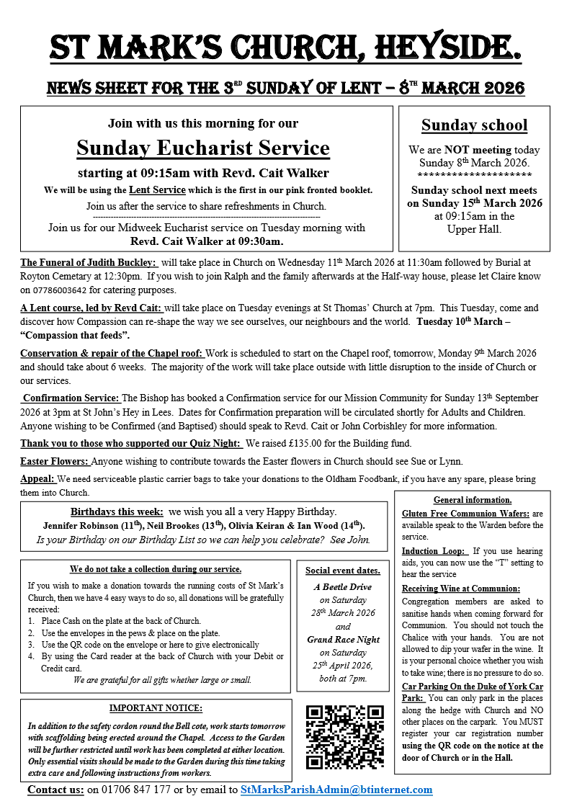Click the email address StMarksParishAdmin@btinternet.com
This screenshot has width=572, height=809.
(336, 790)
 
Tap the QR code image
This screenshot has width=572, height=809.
(345, 736)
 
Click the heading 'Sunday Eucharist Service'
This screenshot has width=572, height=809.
(203, 148)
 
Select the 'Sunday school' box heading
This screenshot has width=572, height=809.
(474, 125)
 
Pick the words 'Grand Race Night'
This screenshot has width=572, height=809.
(343, 639)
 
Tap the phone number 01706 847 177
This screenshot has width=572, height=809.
(129, 790)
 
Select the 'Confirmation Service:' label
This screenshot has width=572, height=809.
(71, 398)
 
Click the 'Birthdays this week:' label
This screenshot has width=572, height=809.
(117, 511)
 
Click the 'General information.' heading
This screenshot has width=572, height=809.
(473, 500)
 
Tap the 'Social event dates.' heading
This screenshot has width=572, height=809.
(343, 571)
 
